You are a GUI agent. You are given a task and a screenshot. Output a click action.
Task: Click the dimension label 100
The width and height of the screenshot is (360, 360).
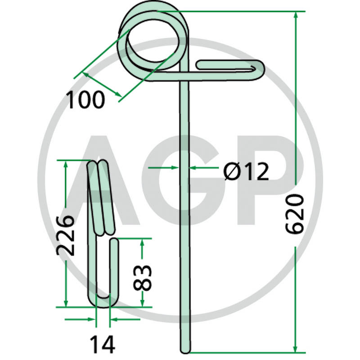pos(85,99)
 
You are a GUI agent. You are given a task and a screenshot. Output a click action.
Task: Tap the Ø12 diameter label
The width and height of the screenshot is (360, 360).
pos(246,171)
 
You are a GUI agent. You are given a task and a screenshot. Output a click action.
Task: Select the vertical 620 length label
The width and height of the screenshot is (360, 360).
pos(295,214)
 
